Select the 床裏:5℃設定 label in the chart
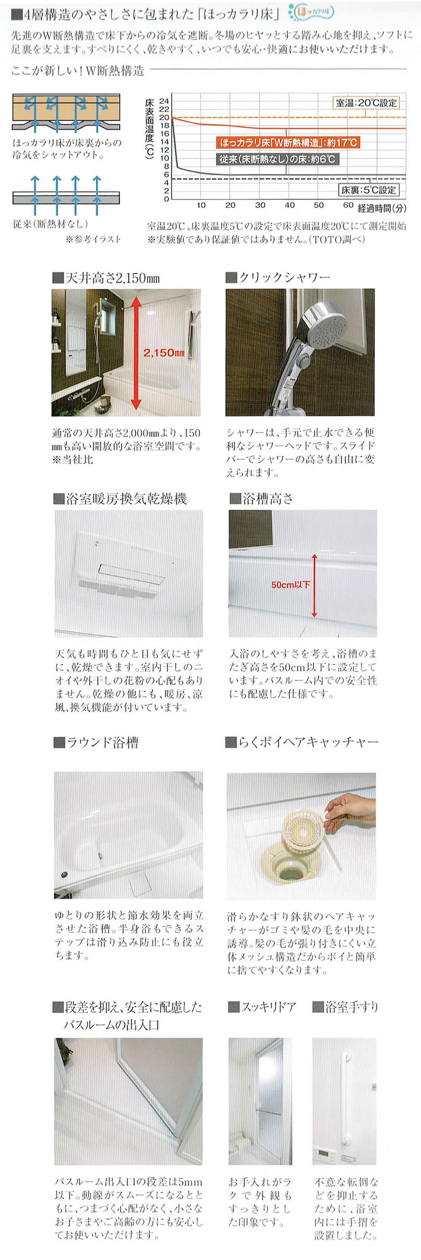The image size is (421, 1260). (369, 190)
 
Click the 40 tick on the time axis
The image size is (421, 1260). (290, 206)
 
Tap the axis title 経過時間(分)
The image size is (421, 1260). (382, 208)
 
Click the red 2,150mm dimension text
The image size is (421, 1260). (164, 353)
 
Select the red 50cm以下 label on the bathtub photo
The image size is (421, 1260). (290, 584)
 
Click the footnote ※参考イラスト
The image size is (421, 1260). (93, 240)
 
